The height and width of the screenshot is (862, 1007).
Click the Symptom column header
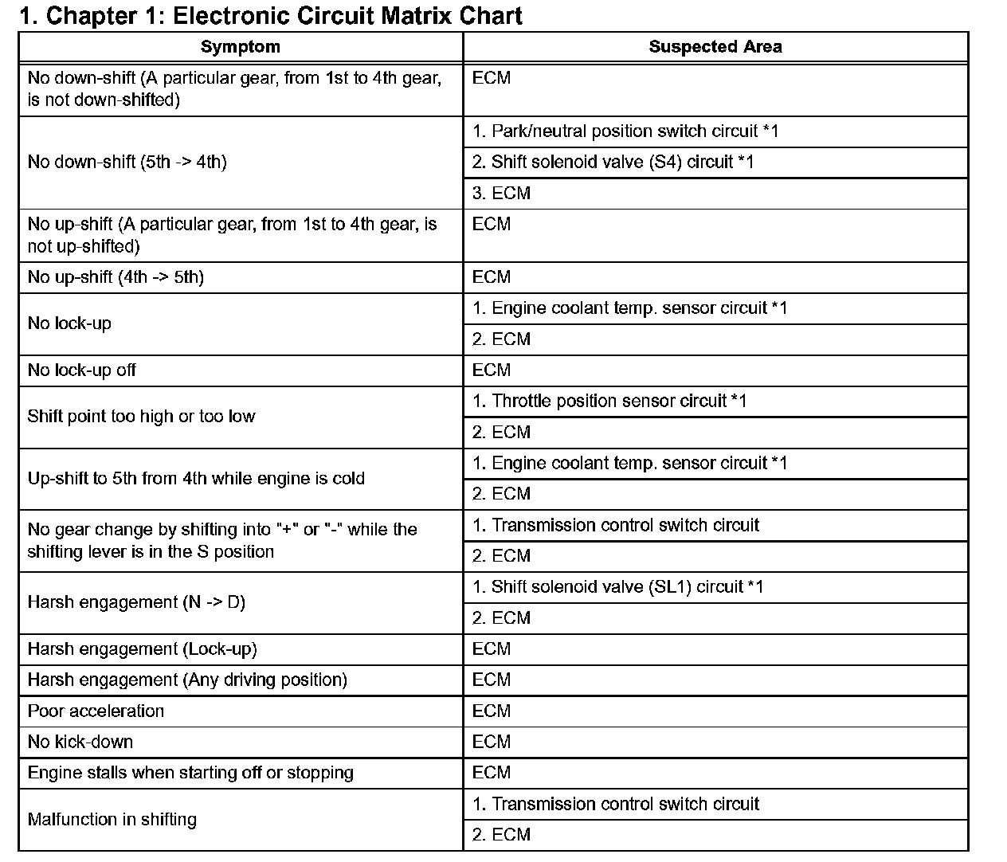240,47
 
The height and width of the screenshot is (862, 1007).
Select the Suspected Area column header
715,47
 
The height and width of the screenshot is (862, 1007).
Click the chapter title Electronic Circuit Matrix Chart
271,16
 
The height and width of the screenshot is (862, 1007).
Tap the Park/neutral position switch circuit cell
625,131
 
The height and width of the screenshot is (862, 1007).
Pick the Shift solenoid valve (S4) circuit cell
613,163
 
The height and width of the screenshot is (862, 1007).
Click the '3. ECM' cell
501,194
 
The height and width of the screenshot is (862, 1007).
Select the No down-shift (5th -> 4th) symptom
127,163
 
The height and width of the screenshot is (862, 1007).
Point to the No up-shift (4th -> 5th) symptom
116,277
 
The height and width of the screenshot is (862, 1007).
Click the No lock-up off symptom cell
81,370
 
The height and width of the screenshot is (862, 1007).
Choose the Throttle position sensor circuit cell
609,402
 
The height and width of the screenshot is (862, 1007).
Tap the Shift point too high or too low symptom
141,417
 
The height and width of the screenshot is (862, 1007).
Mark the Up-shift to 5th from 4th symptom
196,479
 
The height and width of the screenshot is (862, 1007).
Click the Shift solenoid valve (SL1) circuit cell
617,587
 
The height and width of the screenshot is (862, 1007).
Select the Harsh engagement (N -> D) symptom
136,602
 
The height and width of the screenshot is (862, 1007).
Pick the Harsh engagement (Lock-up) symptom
142,649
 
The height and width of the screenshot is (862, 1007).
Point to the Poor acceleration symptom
96,711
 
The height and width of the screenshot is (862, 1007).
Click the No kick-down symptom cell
80,742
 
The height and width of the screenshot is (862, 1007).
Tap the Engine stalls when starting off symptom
190,773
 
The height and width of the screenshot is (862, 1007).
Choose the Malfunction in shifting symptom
112,820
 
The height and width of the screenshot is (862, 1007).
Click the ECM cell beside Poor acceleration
492,711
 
